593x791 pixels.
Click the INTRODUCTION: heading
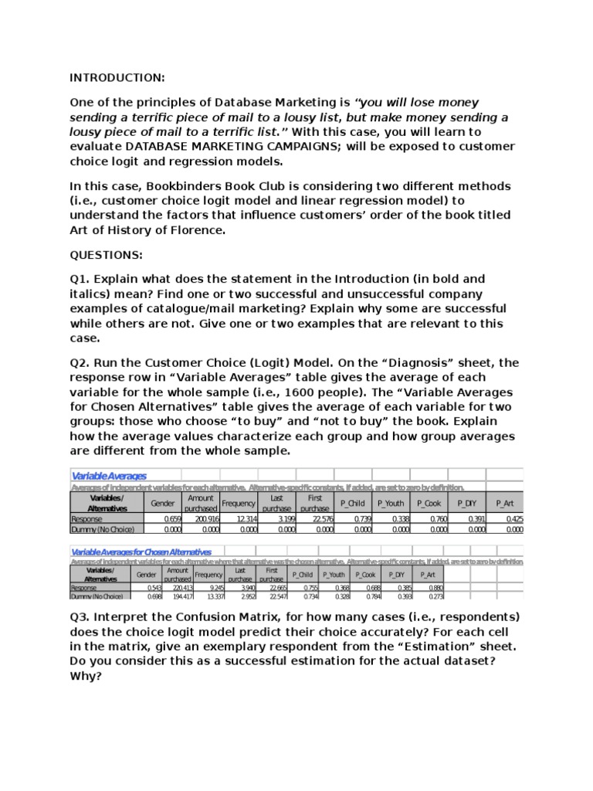[117, 78]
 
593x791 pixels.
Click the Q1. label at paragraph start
[82, 279]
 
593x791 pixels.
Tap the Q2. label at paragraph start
[82, 362]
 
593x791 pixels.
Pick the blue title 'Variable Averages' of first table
[109, 476]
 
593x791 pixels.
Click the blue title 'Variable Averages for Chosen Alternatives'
[141, 552]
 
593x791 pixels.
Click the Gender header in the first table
[163, 503]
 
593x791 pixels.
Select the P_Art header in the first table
[505, 503]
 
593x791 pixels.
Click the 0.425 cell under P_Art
[514, 519]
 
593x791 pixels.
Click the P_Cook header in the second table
[364, 575]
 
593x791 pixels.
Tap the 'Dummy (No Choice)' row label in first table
[103, 529]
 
